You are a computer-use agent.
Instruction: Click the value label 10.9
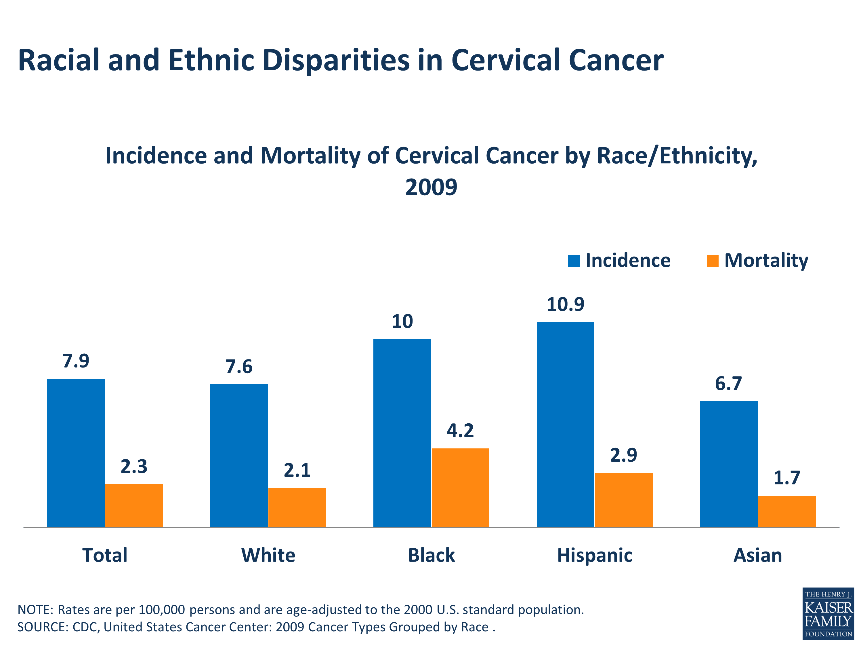(x=565, y=304)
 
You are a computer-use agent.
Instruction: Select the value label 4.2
(x=460, y=431)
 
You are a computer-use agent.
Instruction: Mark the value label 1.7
(x=786, y=478)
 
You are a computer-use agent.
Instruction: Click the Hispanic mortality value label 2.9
(x=623, y=455)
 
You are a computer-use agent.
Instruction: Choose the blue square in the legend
(x=574, y=261)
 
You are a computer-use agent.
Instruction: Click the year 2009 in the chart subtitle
(x=431, y=187)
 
